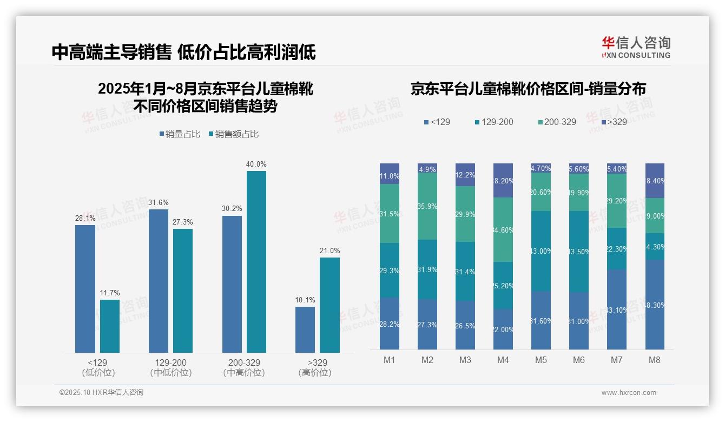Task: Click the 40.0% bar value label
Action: [256, 164]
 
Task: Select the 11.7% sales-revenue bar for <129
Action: [110, 326]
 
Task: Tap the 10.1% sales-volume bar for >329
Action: [305, 329]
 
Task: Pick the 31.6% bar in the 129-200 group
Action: [159, 281]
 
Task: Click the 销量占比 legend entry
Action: [181, 134]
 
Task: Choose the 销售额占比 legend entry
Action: [233, 134]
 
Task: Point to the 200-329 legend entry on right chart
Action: [557, 122]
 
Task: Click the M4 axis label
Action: [503, 360]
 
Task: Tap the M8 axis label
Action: [655, 360]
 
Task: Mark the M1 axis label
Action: [390, 360]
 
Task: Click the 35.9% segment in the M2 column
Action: [427, 207]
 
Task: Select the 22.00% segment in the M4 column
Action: [503, 329]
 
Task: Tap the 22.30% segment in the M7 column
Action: [617, 249]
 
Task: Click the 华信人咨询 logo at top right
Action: [636, 47]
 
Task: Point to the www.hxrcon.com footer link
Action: [629, 393]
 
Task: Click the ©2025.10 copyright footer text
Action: [101, 393]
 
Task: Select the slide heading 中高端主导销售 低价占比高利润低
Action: [183, 52]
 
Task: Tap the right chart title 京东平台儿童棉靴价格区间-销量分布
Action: [528, 89]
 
